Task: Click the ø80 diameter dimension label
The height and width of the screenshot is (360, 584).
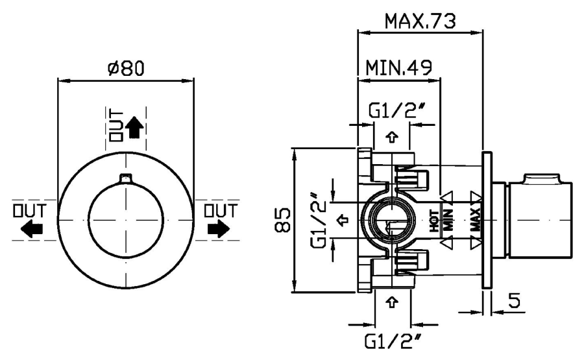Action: point(125,67)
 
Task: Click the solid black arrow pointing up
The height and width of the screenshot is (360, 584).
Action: point(135,127)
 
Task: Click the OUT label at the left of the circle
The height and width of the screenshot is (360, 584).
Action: point(31,211)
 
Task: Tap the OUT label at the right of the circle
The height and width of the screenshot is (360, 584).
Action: point(220,211)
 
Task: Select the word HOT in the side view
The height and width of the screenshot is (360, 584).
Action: point(434,221)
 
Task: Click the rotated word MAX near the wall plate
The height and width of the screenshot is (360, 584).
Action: point(476,221)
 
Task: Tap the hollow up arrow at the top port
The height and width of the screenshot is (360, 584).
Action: point(391,138)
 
